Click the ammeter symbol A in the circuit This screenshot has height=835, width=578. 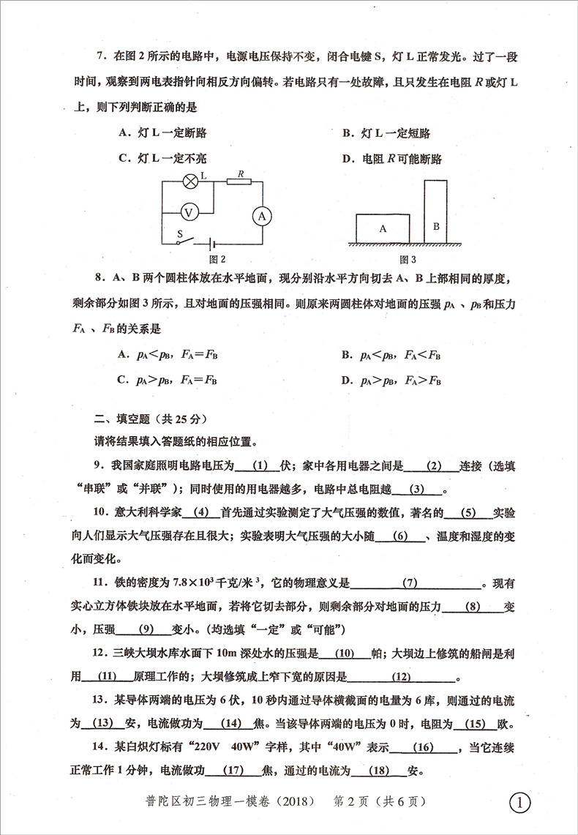point(262,215)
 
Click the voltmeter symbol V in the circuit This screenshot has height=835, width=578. point(189,212)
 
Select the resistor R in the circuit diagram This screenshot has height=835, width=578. point(239,183)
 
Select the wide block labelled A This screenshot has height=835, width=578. point(383,228)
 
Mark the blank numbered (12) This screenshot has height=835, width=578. point(402,677)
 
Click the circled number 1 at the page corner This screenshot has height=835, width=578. point(519,803)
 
